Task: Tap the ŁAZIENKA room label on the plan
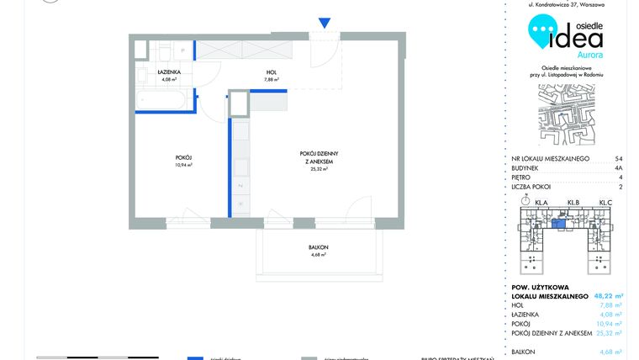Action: tap(171, 73)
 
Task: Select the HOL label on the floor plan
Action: tap(272, 73)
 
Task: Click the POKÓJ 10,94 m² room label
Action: tap(184, 160)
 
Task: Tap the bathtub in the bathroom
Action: tap(165, 102)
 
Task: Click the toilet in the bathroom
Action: tap(166, 49)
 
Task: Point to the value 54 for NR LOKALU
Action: tap(619, 158)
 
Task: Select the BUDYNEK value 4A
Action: tap(619, 168)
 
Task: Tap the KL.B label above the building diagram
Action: tap(574, 203)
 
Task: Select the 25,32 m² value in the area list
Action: tap(605, 333)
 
